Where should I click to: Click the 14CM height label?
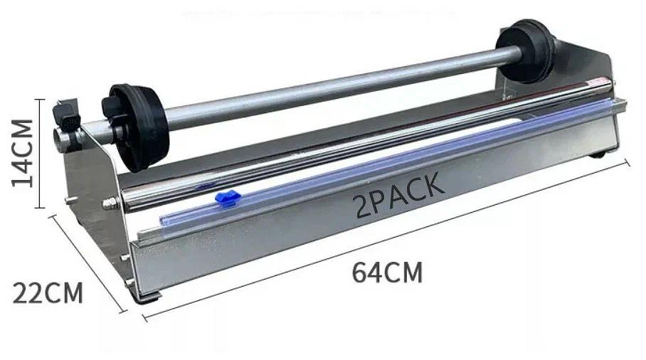pos(22,153)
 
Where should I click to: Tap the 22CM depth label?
pos(48,293)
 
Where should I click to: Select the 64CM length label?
pos(387,272)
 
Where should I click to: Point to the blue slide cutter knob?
pos(228,198)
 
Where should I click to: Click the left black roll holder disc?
pos(136,127)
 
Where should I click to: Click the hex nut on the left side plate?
pos(109,203)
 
